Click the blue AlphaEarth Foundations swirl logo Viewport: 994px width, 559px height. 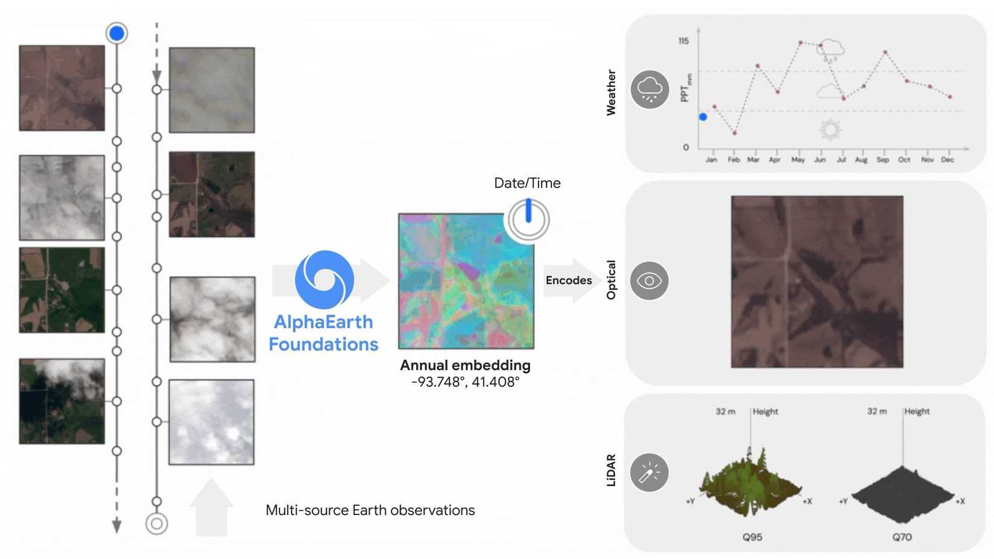coord(324,279)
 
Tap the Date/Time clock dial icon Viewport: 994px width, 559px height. coord(528,220)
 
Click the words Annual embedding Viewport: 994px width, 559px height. coord(465,365)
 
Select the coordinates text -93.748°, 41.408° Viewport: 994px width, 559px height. coord(465,382)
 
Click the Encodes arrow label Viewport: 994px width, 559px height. coord(568,280)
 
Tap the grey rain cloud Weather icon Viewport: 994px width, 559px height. coord(649,90)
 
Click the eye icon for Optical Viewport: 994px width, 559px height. coord(649,281)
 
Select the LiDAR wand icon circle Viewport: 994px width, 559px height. coord(649,473)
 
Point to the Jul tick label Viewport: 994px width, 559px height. coord(841,160)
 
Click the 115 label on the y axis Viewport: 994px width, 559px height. coord(683,41)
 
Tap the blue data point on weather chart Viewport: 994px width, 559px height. coord(703,117)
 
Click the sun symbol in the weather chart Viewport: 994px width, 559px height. coord(830,130)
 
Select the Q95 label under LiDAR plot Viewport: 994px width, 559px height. coord(752,537)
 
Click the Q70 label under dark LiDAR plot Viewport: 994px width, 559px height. coord(902,537)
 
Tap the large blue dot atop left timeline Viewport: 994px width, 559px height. coord(117,33)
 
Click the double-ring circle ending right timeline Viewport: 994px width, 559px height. coord(157,523)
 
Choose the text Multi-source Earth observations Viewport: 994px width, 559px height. coord(370,510)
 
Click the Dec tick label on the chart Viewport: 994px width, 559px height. coord(947,160)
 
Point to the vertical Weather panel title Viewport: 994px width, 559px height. coord(611,92)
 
